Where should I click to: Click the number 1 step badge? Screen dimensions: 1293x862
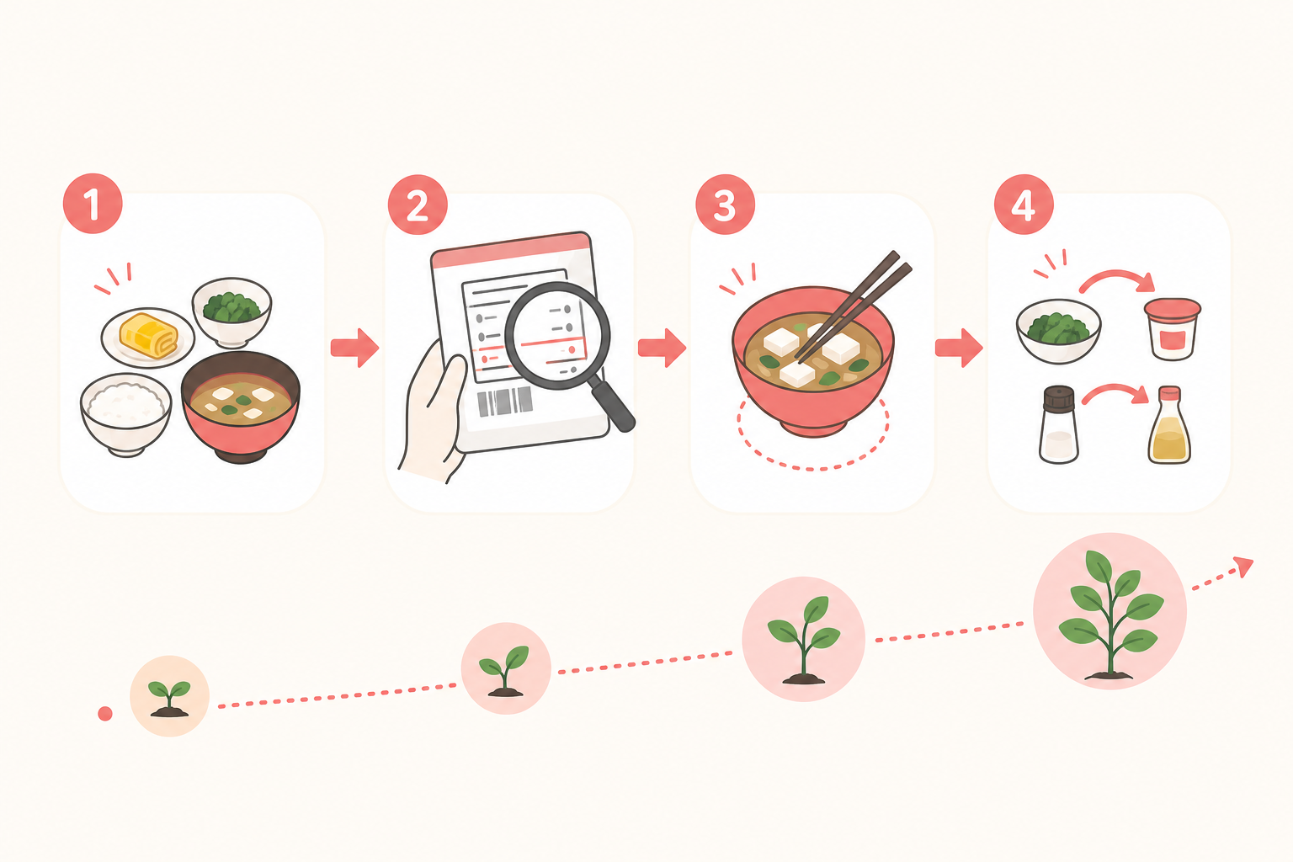pos(93,203)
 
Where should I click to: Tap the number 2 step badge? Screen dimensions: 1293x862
pos(418,205)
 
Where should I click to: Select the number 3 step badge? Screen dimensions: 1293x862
pos(725,205)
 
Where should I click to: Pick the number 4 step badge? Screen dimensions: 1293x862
pos(1024,205)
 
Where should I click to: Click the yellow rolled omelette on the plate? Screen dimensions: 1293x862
pos(148,334)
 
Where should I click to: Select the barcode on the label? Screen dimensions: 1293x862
pos(504,402)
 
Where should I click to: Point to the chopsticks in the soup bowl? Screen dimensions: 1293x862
pos(853,306)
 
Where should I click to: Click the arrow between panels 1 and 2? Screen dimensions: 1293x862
pos(355,348)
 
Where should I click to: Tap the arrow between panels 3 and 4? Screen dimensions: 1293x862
pos(959,348)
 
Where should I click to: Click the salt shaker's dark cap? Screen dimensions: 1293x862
pos(1059,398)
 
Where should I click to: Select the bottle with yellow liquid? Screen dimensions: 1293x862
pos(1169,425)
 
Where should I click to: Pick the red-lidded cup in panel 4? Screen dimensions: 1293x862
pos(1173,329)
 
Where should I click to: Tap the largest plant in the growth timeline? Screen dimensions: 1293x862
pos(1109,615)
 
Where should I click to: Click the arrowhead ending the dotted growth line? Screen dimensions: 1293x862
pos(1245,567)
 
